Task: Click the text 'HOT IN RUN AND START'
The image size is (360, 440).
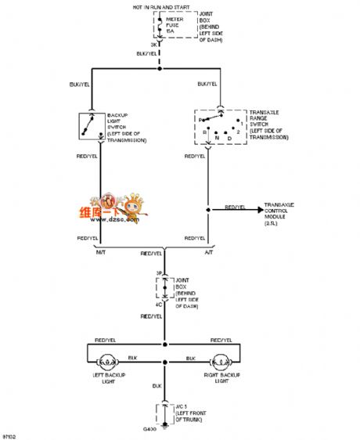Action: [162, 5]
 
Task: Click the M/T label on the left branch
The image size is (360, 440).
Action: [100, 251]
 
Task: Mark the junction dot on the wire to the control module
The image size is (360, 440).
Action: [208, 210]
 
